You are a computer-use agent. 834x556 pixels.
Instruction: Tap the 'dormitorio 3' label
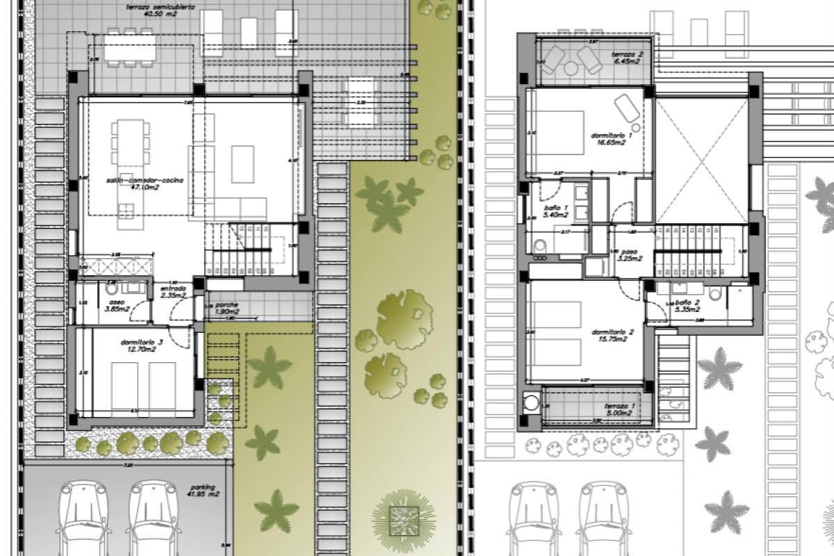tap(142, 342)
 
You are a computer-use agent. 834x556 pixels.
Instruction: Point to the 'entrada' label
tap(172, 288)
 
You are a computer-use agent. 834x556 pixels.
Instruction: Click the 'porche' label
tap(227, 304)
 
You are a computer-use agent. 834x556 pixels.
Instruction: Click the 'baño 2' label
tap(687, 302)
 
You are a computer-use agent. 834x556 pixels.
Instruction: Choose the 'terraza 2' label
tap(627, 54)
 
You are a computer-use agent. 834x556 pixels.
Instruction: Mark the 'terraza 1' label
tap(620, 407)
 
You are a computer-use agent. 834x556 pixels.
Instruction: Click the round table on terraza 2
tap(571, 68)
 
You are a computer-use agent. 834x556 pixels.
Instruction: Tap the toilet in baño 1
tap(540, 245)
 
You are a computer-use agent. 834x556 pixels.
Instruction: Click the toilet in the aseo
tap(111, 287)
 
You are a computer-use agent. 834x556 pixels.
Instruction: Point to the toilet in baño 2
tap(715, 293)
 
